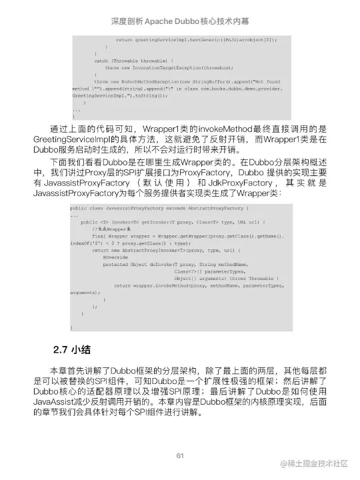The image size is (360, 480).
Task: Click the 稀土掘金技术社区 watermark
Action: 314,463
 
